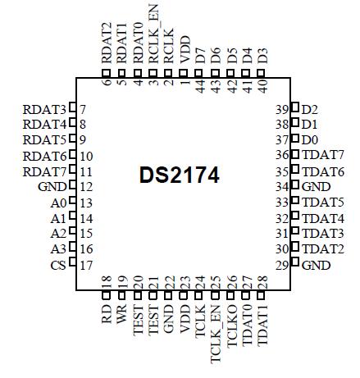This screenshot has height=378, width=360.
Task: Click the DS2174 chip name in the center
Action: click(x=180, y=175)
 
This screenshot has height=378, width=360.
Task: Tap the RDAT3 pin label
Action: click(x=44, y=109)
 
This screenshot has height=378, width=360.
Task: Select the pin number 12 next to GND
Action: click(x=86, y=187)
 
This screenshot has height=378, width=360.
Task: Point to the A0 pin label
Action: click(x=57, y=203)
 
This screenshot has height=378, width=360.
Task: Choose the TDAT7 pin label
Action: click(x=322, y=156)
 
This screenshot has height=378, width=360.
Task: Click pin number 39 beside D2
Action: click(x=280, y=109)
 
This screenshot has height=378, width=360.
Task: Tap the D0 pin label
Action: click(x=310, y=140)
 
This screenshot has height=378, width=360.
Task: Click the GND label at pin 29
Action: click(x=317, y=266)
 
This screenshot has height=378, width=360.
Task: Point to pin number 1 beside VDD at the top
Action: click(x=185, y=84)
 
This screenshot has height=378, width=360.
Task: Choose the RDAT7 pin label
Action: click(x=44, y=171)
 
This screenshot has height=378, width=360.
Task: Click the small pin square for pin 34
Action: click(x=294, y=187)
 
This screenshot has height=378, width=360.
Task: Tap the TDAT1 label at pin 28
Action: click(x=262, y=322)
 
